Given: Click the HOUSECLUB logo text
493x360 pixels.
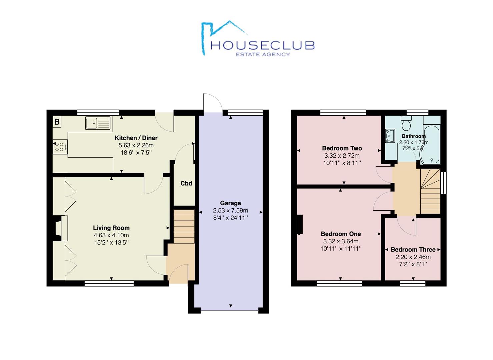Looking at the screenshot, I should (262, 45).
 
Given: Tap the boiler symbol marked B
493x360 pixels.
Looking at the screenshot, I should (57, 122).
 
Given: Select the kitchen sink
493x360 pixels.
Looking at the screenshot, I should (98, 123).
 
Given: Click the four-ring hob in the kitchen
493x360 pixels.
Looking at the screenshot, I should (60, 147).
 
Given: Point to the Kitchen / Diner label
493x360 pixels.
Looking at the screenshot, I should (136, 138).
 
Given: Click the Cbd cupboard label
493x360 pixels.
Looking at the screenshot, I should (186, 183).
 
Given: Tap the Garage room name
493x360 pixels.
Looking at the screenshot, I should (230, 203).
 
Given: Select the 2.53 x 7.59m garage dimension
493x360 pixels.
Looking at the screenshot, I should (230, 210).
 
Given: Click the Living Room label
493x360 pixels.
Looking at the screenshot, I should (111, 228).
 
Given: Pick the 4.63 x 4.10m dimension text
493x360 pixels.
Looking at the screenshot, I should (111, 235).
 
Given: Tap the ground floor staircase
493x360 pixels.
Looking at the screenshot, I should (184, 226).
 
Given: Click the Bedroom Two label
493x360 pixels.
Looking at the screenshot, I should (342, 148).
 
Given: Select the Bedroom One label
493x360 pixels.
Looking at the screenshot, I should (341, 234).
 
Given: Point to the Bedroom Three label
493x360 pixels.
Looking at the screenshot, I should (413, 249).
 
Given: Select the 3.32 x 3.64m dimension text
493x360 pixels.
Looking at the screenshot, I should (341, 241).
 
